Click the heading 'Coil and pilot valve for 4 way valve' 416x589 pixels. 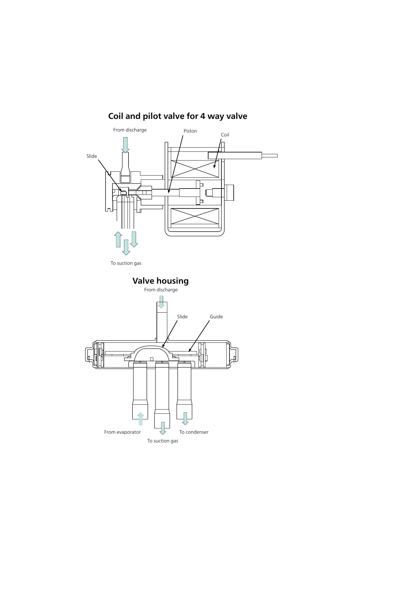(177, 116)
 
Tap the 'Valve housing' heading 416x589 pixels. (160, 281)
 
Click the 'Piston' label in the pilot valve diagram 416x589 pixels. (190, 131)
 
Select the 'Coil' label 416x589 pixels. (225, 135)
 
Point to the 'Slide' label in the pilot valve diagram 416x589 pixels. (92, 156)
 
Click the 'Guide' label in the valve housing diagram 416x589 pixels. (216, 317)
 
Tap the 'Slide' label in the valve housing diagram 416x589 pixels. (182, 317)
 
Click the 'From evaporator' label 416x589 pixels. (122, 432)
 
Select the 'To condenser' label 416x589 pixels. (194, 432)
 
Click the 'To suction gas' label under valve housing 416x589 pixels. (162, 441)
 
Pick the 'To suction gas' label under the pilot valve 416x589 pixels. (126, 263)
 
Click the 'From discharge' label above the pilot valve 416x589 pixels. (130, 130)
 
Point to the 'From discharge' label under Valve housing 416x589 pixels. (161, 290)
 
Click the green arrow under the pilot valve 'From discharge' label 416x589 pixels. (125, 145)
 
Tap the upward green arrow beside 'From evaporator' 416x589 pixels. (140, 419)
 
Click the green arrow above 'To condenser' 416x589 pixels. (185, 419)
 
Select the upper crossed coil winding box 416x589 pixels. (195, 169)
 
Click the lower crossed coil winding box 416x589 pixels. (195, 216)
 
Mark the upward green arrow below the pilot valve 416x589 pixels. (118, 239)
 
